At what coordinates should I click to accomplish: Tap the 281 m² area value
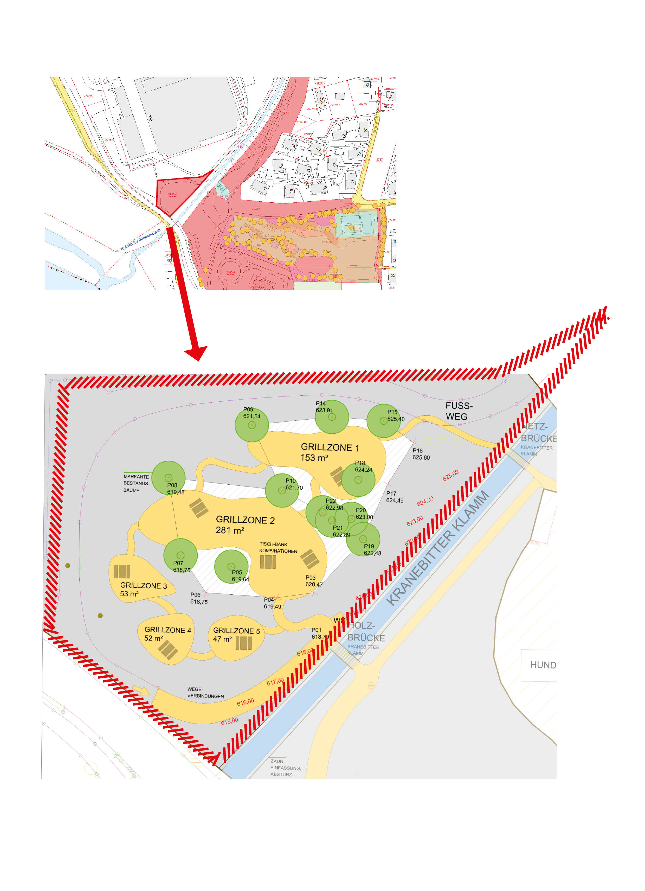230,530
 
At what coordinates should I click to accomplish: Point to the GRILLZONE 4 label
168,630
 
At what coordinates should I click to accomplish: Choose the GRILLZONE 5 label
236,631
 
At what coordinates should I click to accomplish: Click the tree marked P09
252,425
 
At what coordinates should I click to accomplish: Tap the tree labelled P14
332,417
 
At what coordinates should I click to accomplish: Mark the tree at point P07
180,555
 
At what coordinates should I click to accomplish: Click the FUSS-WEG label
459,411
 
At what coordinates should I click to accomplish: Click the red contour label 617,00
275,682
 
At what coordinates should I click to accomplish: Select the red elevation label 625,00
450,475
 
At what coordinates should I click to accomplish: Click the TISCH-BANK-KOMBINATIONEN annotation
278,548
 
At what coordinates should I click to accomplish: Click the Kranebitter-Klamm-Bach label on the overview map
141,240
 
